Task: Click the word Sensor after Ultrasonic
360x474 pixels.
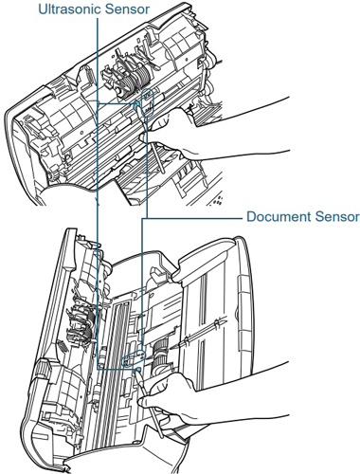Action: tap(127, 9)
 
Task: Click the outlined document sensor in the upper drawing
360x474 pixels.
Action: tap(148, 102)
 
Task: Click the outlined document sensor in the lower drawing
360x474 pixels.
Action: tap(134, 358)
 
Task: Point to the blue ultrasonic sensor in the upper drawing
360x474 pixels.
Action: tap(136, 106)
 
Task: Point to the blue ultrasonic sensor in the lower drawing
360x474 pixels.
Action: tap(137, 370)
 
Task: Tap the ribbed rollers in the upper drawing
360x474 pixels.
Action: tap(134, 79)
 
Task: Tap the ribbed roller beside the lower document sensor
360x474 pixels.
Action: tap(160, 357)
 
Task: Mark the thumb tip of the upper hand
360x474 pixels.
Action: tap(142, 137)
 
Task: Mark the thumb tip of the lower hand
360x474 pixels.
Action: tap(141, 401)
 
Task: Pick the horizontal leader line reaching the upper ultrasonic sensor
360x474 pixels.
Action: tap(117, 103)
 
